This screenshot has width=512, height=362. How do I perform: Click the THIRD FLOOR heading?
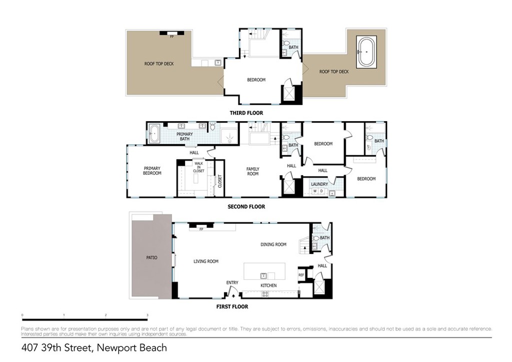coord(246,113)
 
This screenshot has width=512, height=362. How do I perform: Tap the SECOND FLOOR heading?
coord(246,207)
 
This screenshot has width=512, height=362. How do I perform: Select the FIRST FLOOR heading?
coord(231,306)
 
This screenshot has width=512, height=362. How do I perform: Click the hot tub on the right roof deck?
coord(367,52)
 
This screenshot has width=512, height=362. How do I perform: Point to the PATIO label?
coord(151,258)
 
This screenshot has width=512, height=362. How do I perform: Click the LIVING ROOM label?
coord(206,261)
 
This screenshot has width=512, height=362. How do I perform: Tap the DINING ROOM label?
coord(273,244)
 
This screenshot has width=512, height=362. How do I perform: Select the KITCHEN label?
coord(268,285)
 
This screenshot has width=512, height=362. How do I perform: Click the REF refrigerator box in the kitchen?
coord(301,275)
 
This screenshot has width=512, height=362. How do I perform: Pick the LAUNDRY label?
coord(319,184)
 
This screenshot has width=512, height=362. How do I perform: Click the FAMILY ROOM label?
coord(252,171)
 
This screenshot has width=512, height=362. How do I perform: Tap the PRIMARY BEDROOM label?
coord(152,171)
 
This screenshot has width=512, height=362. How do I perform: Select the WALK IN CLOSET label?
coord(198,167)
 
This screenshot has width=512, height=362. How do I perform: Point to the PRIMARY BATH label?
coord(184,136)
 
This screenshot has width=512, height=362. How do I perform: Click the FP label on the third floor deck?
coord(171,37)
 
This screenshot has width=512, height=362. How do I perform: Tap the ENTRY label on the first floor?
coord(232,283)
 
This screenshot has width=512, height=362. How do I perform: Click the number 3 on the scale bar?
coord(147,315)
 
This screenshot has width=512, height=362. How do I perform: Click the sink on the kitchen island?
coord(263,275)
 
